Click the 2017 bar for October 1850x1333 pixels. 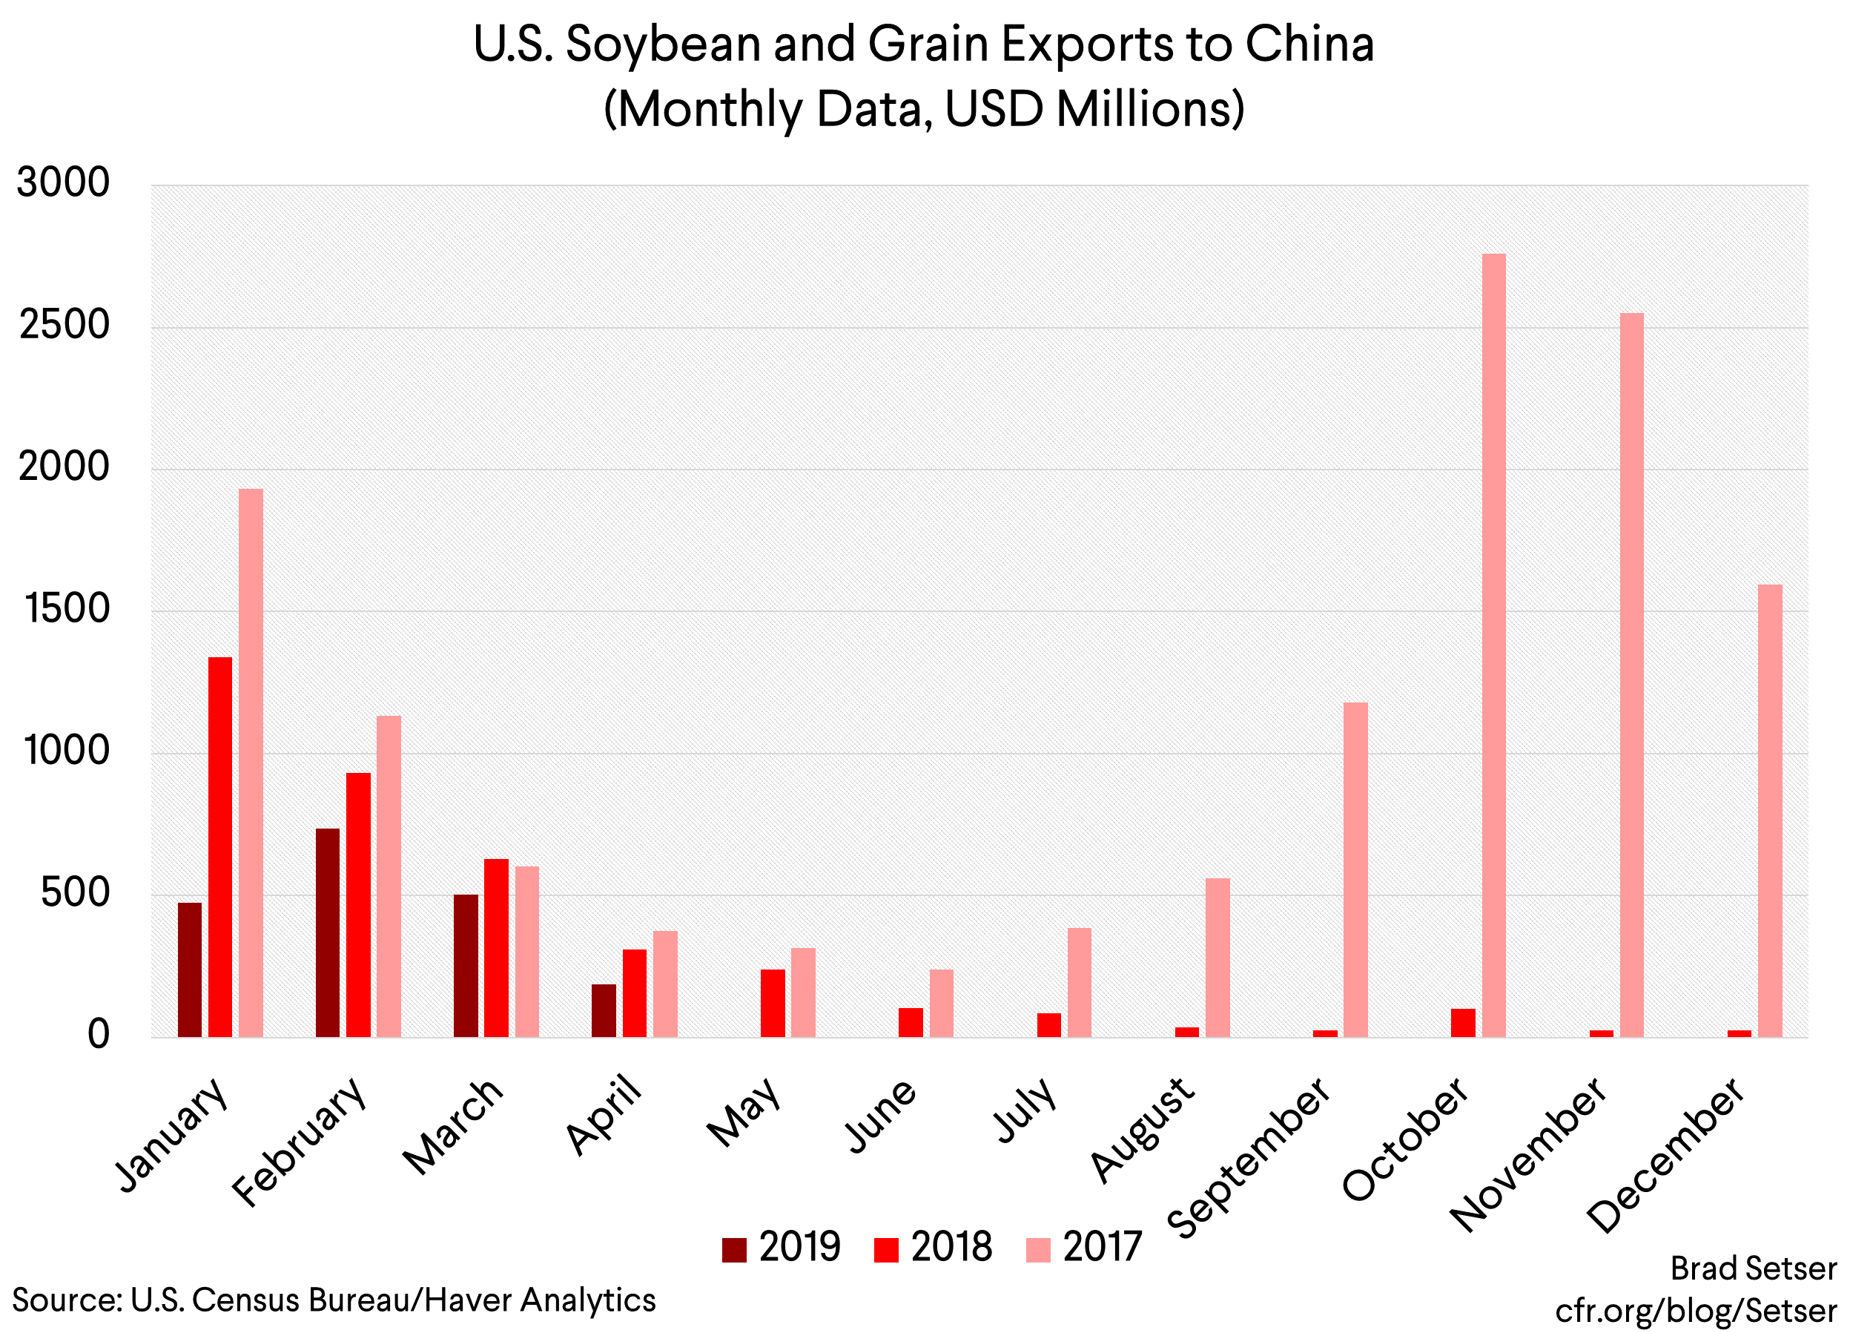[x=1493, y=645]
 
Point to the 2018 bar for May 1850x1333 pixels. [x=773, y=1003]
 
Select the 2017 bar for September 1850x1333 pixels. [x=1355, y=869]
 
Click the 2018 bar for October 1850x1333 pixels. [x=1464, y=1023]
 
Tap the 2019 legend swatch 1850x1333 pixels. [x=734, y=1250]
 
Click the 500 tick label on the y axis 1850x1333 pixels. [x=75, y=892]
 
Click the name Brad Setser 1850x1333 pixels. [x=1753, y=1268]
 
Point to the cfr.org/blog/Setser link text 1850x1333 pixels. [x=1696, y=1311]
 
